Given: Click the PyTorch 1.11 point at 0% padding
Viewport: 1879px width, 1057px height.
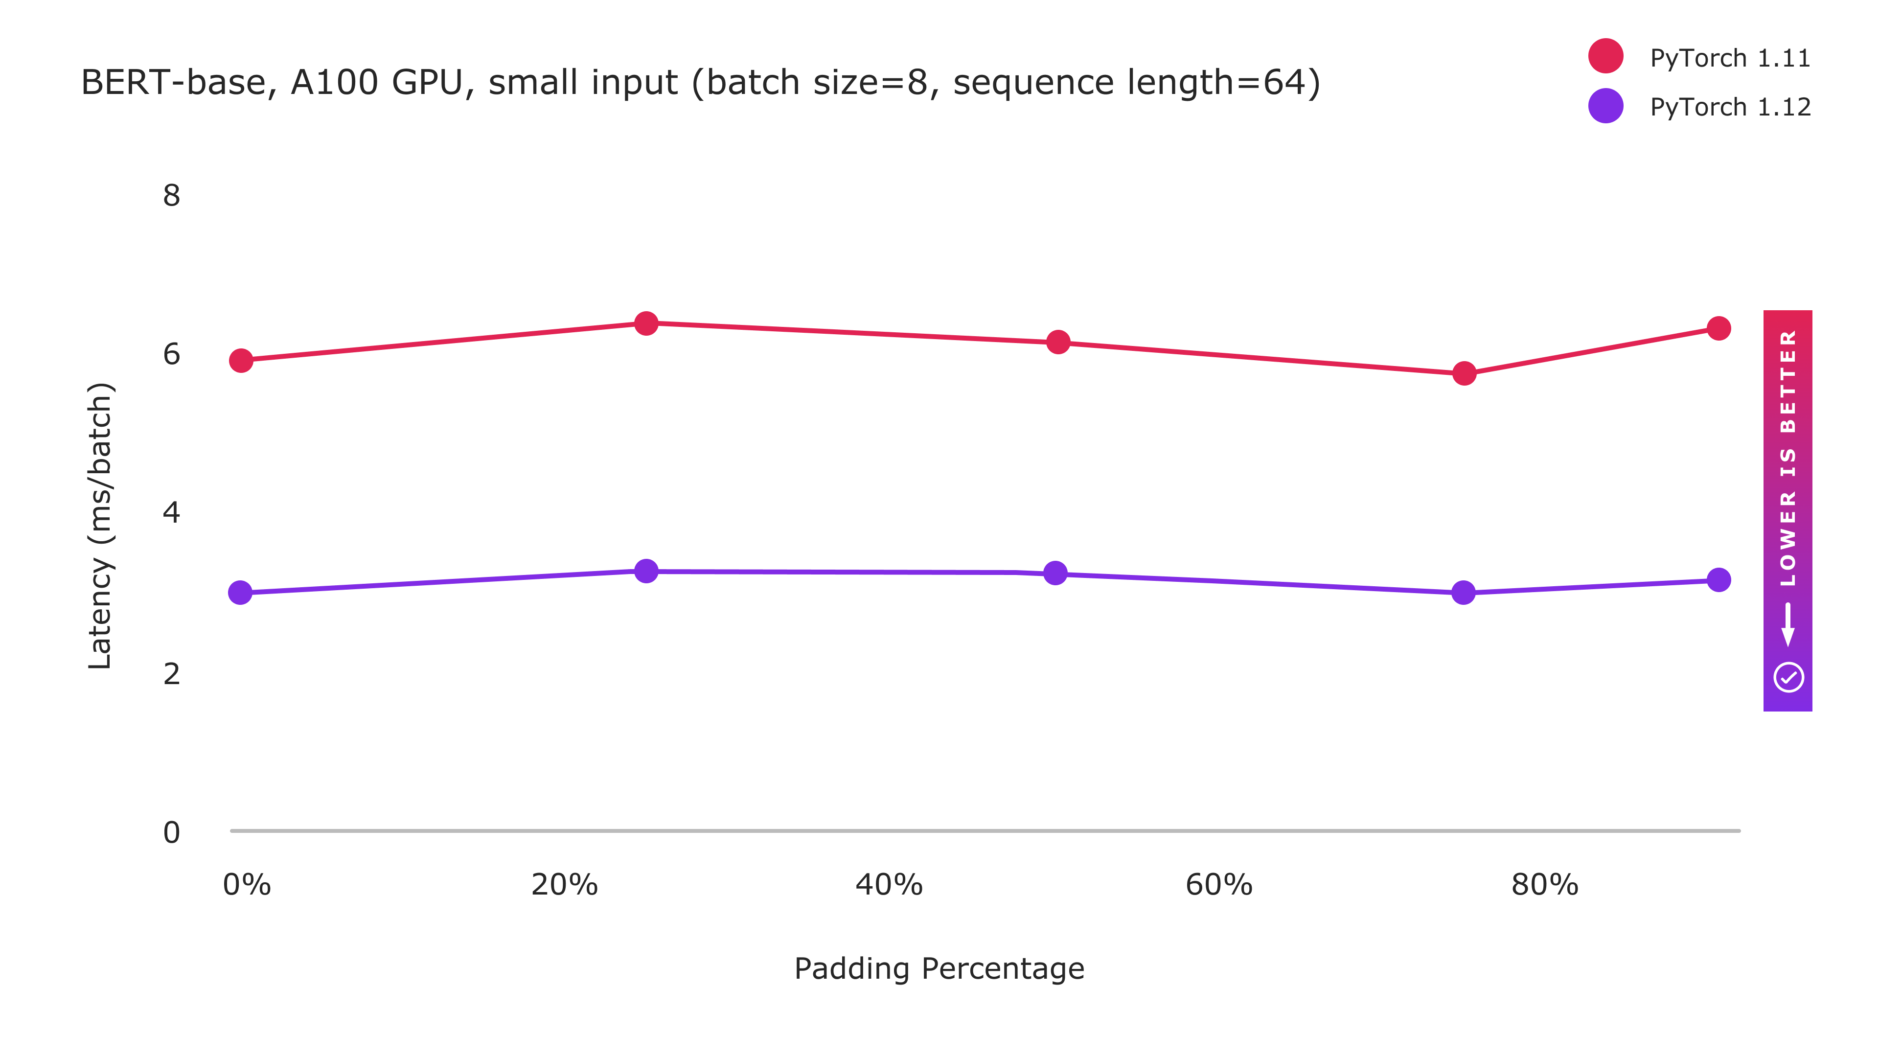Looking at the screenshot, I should click(x=241, y=360).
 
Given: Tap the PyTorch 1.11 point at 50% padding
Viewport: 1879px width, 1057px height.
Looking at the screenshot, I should click(x=1057, y=342).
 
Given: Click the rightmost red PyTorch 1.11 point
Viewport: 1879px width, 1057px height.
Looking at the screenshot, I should click(x=1719, y=328).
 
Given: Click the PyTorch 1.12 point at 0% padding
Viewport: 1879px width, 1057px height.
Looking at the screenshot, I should click(x=240, y=592).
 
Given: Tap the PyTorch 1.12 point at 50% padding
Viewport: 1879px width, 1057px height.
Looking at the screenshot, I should click(x=1055, y=574).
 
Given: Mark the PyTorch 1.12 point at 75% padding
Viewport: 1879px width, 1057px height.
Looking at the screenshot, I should click(x=1463, y=592).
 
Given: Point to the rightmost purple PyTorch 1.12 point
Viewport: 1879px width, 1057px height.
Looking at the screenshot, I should click(x=1719, y=580).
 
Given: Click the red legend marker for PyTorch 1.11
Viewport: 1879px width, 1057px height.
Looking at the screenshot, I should click(x=1605, y=56).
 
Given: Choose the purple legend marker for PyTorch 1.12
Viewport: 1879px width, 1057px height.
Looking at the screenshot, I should click(x=1605, y=106).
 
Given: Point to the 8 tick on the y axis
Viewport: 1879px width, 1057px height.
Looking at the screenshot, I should click(x=171, y=196).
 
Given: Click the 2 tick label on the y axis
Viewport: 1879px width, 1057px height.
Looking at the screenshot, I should click(x=171, y=674).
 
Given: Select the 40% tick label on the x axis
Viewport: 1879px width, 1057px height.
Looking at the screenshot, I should click(x=889, y=885).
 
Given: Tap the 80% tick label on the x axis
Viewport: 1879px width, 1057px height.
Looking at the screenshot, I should click(x=1544, y=885).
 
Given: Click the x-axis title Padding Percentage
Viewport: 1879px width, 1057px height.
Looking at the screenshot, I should click(x=939, y=969).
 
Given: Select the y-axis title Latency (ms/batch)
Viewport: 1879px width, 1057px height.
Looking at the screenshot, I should click(x=100, y=525).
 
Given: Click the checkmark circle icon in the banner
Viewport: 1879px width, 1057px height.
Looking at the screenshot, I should click(x=1788, y=677).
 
